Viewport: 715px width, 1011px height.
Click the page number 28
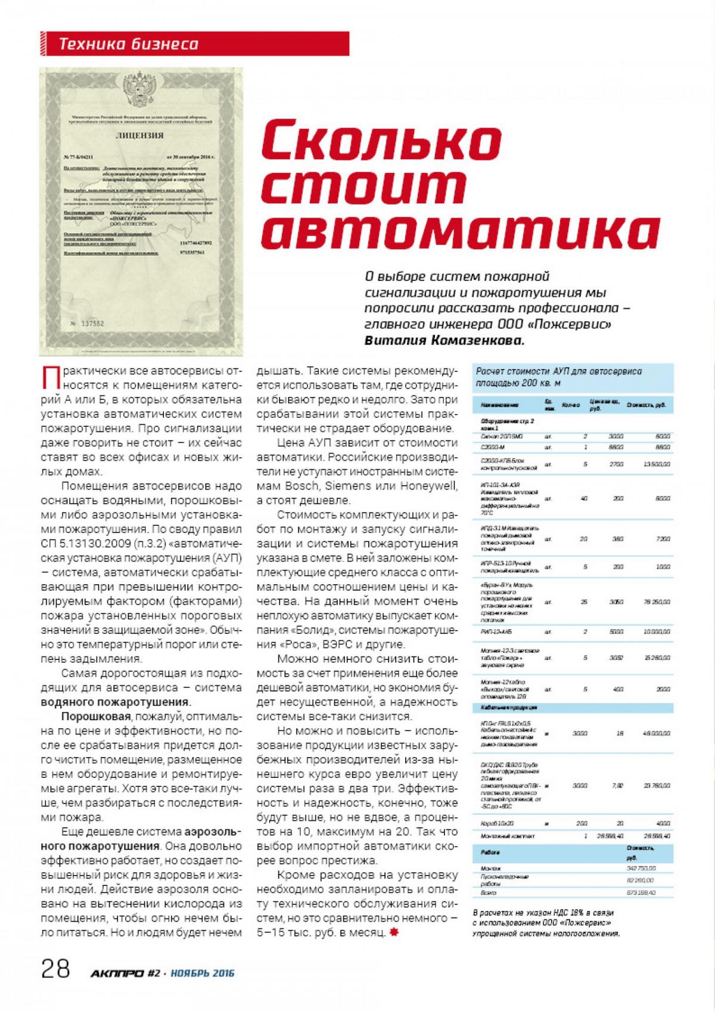(x=55, y=969)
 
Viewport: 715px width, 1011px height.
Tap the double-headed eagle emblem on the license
(x=142, y=88)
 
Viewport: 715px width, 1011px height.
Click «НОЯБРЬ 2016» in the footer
(x=203, y=973)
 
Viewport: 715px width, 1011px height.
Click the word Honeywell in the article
(x=430, y=485)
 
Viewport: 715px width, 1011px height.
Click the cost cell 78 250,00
(x=657, y=602)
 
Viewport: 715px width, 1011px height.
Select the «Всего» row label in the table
(x=489, y=892)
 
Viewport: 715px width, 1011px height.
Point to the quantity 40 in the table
(x=584, y=498)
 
